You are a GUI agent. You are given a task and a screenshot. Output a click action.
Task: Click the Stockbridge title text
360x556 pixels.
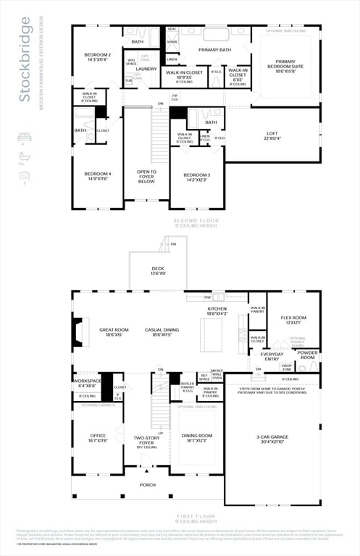tap(26, 59)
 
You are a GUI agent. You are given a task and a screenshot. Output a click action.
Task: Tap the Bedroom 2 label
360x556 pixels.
tap(97, 57)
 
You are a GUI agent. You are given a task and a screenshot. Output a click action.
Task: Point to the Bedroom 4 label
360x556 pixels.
tap(97, 175)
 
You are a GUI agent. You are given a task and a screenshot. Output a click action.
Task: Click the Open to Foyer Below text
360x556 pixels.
tap(146, 177)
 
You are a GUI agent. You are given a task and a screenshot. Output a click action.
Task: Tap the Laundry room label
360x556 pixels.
tap(146, 69)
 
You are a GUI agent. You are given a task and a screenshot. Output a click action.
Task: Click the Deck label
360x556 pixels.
tap(158, 271)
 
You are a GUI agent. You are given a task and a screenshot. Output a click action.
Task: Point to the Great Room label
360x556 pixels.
tap(114, 332)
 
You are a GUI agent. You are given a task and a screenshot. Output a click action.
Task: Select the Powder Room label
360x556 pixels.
tap(308, 355)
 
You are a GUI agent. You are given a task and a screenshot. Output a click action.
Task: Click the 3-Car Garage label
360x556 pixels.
tap(272, 438)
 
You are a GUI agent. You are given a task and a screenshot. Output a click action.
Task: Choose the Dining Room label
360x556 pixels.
tap(196, 437)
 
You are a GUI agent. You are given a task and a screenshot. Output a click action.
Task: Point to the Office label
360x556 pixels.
tap(98, 437)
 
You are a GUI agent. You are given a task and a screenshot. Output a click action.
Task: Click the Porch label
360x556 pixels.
tap(147, 484)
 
